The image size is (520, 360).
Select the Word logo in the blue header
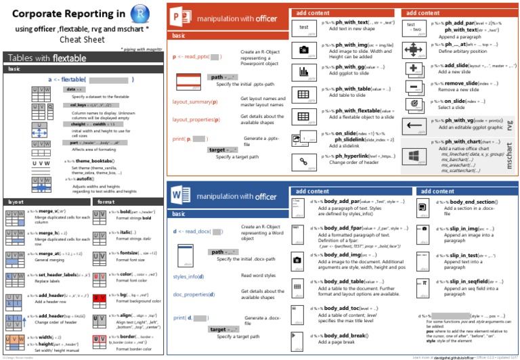(180, 196)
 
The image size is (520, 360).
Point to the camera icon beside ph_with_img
(304, 49)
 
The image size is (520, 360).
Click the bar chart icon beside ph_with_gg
(304, 71)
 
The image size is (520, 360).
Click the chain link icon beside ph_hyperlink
(304, 160)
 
